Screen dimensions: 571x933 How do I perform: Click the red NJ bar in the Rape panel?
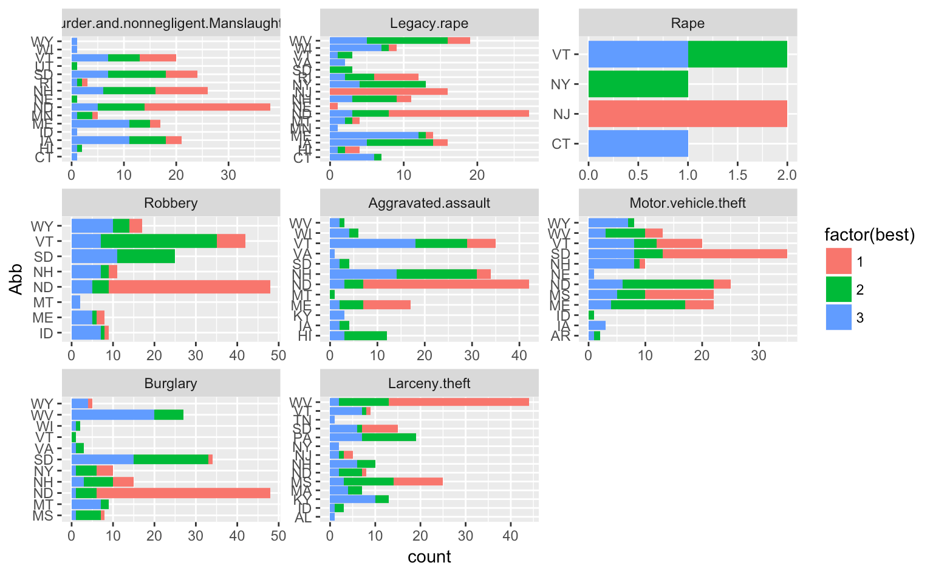[x=688, y=114]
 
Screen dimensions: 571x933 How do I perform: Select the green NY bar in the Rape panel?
[x=638, y=84]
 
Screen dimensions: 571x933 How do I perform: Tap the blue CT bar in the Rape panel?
[x=638, y=144]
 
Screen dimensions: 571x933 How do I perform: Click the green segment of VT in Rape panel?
[x=737, y=54]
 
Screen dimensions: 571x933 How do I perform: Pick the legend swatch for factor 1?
[x=838, y=262]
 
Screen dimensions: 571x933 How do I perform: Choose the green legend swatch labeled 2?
[x=838, y=290]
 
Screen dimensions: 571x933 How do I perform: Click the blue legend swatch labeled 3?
[x=838, y=318]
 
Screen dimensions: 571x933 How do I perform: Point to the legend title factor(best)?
[x=869, y=235]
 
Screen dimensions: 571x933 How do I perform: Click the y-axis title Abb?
[x=16, y=279]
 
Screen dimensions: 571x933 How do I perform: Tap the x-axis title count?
[x=429, y=557]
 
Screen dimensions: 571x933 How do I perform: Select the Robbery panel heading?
[x=171, y=203]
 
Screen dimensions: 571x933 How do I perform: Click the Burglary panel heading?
[x=171, y=383]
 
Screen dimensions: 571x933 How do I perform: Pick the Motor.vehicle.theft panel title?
[x=688, y=203]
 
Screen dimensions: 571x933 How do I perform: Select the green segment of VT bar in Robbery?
[x=159, y=241]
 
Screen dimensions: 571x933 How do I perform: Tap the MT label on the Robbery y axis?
[x=43, y=303]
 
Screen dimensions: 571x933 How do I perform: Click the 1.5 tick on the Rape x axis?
[x=737, y=175]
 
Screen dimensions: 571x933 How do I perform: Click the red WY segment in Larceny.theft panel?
[x=459, y=402]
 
